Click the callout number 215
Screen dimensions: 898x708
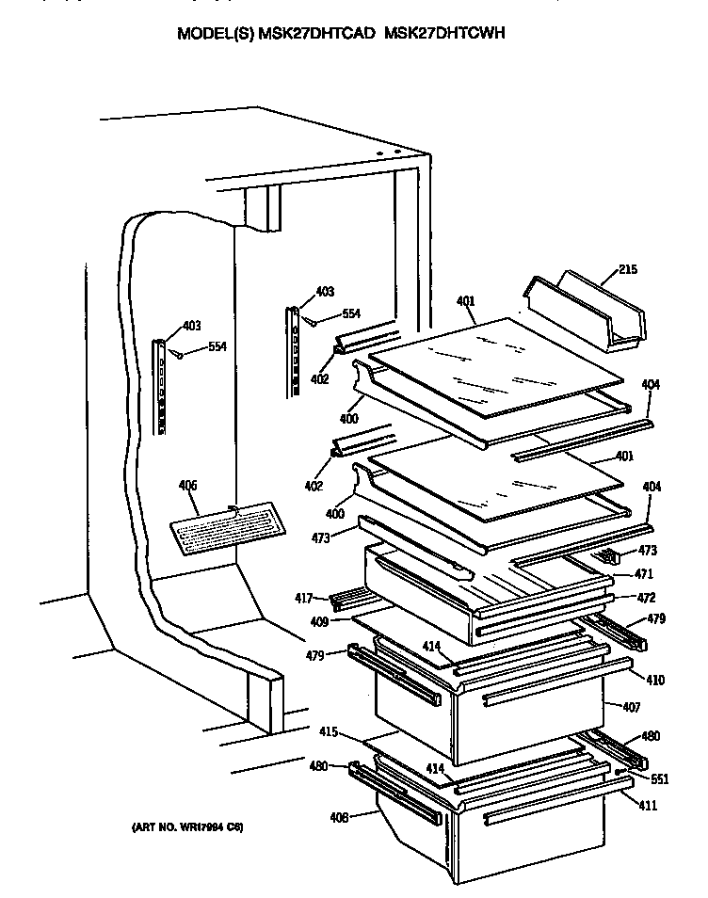point(628,270)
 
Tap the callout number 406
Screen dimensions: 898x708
point(188,486)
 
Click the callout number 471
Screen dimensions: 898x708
point(643,574)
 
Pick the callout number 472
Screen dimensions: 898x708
point(646,598)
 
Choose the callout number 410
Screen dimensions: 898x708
point(652,680)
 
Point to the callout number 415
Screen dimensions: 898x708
point(327,730)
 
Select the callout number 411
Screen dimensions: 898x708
point(648,806)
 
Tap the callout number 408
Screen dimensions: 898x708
point(338,817)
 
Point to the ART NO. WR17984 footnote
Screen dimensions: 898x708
point(186,827)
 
